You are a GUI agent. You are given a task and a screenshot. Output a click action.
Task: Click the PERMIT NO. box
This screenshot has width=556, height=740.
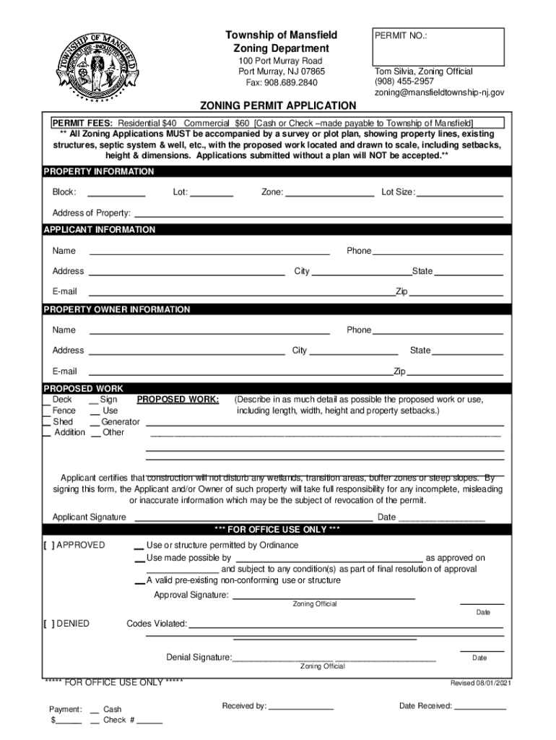[x=436, y=46]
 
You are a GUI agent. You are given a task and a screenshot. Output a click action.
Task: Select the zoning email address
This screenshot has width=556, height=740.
[x=439, y=93]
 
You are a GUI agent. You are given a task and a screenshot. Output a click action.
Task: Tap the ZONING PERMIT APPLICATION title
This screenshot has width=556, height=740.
[x=278, y=106]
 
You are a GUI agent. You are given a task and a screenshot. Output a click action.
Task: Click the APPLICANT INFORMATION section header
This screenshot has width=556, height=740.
[x=100, y=230]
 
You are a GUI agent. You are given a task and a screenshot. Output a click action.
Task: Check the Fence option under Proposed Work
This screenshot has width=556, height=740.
[x=47, y=411]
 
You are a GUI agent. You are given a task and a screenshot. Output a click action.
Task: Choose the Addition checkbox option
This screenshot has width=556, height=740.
[x=47, y=433]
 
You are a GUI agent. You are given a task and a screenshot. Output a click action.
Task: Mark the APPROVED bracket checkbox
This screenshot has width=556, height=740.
[x=48, y=546]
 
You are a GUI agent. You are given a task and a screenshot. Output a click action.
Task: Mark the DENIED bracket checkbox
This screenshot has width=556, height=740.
[x=48, y=624]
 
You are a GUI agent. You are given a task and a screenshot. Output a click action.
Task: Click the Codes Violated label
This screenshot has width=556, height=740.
[x=157, y=624]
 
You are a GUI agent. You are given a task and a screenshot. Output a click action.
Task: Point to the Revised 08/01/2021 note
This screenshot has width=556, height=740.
[x=481, y=683]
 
